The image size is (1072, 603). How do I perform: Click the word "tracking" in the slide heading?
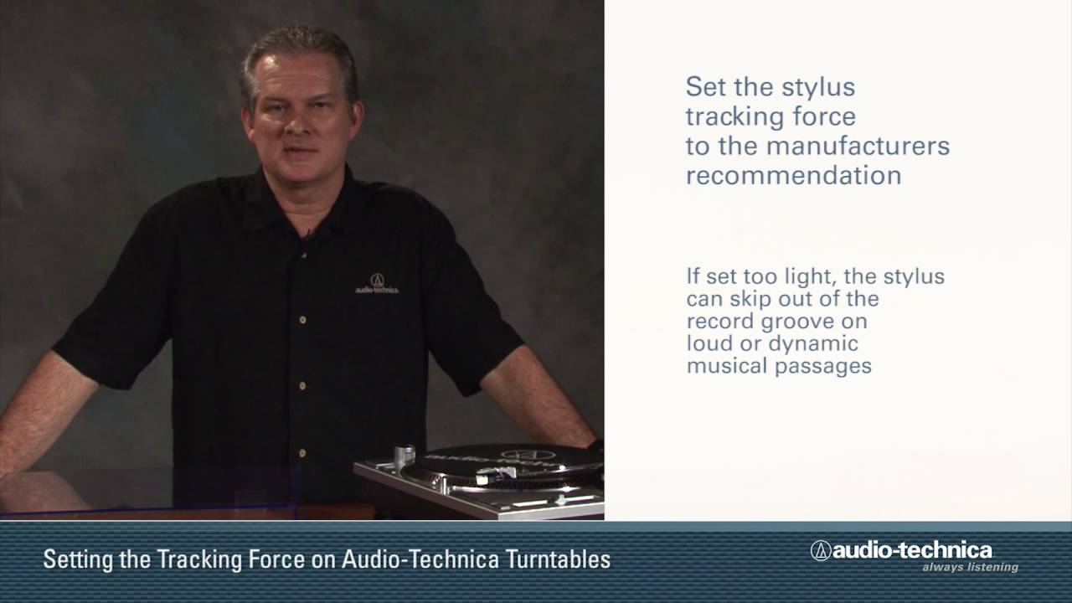click(732, 116)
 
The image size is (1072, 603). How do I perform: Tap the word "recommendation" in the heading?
click(793, 175)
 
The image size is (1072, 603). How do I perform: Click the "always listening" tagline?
click(970, 567)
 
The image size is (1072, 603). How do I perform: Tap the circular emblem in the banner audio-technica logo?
click(820, 550)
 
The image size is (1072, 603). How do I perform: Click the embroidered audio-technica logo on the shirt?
click(377, 284)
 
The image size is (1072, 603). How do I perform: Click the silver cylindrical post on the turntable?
click(405, 457)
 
